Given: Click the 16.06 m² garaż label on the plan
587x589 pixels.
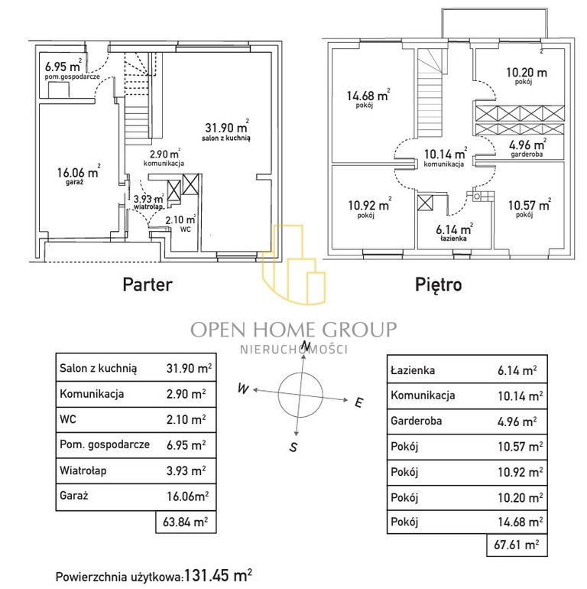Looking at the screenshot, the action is pos(79,174).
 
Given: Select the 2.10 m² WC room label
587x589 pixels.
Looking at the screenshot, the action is pos(181,223).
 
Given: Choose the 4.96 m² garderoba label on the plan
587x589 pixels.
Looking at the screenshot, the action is pos(527,148).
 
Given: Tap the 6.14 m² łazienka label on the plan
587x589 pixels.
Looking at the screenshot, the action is pos(454,233).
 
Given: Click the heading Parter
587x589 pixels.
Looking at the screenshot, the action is pos(148,285).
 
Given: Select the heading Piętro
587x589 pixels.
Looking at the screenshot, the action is pos(439,285).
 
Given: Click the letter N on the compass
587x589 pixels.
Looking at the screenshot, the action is pos(306,345).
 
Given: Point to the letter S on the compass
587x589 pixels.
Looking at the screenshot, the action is pos(293,447).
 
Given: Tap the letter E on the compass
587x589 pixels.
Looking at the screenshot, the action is pos(359,402).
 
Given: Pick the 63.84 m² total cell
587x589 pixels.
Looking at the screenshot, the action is pos(186,522).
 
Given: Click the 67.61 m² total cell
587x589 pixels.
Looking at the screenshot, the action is pos(517,545).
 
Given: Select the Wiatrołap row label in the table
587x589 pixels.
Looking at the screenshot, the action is pos(83,470).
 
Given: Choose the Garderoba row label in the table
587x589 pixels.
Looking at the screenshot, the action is pos(417,421).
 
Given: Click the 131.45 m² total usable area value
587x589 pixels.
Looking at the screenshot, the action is pos(218,574).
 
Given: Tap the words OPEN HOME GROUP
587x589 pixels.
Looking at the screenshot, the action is pos(293,330).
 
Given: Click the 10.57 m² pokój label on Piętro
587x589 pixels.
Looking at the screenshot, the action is pos(529,208).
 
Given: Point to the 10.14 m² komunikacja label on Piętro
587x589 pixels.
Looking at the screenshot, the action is pos(445,157).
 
